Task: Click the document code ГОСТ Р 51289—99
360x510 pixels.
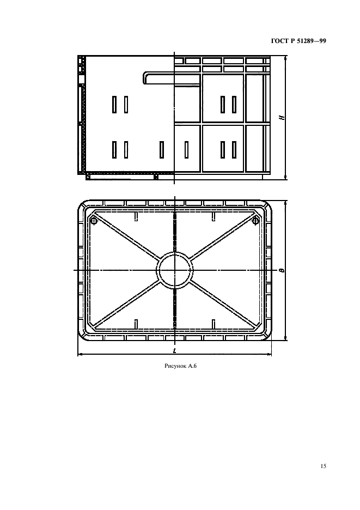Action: click(x=298, y=41)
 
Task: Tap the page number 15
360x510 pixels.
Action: click(x=323, y=466)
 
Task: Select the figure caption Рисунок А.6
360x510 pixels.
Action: click(x=181, y=366)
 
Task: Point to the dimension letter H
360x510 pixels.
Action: click(x=283, y=117)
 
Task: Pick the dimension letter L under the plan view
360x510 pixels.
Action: click(x=175, y=350)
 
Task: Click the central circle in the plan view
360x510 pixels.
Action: click(x=175, y=270)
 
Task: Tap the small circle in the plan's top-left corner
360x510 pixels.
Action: click(x=94, y=221)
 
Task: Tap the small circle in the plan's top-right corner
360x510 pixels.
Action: click(x=255, y=221)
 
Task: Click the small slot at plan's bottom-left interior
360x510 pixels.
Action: click(x=136, y=324)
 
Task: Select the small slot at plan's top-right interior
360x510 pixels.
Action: click(x=213, y=217)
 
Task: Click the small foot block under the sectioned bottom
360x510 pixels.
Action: click(x=156, y=177)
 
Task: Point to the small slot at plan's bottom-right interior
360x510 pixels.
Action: click(x=213, y=324)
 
